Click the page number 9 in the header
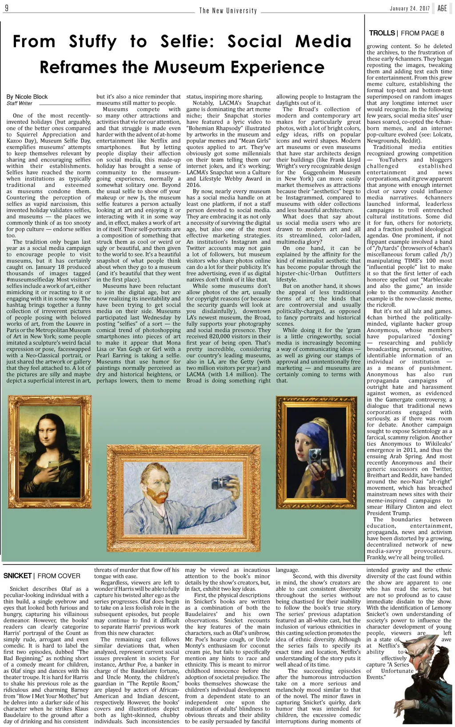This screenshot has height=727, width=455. [6, 8]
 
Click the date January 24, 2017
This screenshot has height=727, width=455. [409, 9]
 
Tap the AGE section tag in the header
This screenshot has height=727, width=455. [442, 8]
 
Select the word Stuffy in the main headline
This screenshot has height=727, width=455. [92, 42]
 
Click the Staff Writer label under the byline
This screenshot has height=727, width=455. [20, 103]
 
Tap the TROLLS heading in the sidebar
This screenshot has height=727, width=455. [382, 33]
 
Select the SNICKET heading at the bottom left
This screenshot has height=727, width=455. [17, 576]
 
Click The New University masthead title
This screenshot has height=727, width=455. [228, 11]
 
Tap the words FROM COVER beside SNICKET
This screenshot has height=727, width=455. [59, 576]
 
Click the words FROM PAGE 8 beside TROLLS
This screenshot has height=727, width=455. [422, 33]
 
